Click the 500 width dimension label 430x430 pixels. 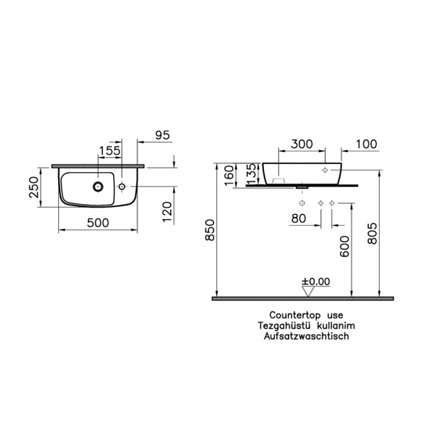coord(97,223)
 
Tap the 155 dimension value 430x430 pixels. coord(109,151)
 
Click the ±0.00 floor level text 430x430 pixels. coord(316,282)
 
